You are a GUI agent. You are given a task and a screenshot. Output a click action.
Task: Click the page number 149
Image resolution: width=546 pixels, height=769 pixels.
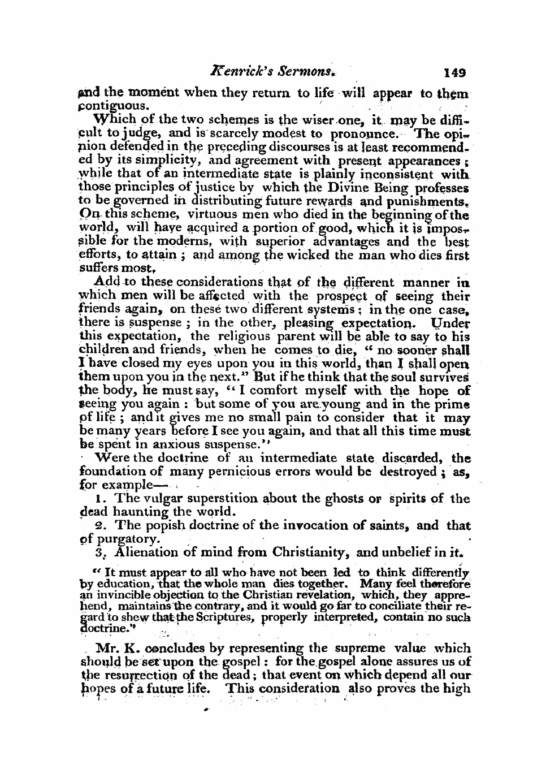[x=454, y=72]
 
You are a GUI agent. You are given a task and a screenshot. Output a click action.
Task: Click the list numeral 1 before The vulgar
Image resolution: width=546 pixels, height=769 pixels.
[x=100, y=499]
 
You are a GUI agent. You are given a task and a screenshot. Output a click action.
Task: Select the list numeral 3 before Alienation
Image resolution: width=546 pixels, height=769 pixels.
[x=99, y=552]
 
